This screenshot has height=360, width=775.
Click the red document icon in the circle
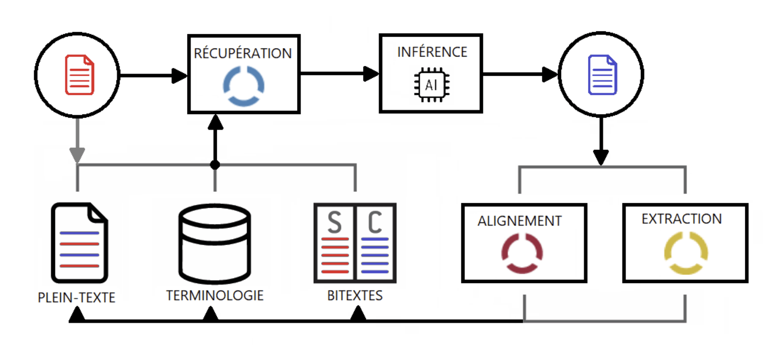(x=79, y=75)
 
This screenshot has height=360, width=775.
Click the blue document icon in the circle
(x=602, y=75)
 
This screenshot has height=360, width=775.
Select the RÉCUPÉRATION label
(x=243, y=53)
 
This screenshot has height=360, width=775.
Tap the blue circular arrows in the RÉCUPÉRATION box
(x=244, y=86)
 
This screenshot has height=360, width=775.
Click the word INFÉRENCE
(x=432, y=52)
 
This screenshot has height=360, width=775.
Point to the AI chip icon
(x=432, y=85)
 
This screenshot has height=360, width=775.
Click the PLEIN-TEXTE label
(x=77, y=298)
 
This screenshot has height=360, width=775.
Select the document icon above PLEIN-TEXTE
(x=79, y=243)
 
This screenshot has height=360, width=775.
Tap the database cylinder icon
(x=215, y=244)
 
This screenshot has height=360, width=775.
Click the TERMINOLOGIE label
(x=215, y=295)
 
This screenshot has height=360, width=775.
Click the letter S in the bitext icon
(x=335, y=222)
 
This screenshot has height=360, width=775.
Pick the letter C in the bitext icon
(x=375, y=222)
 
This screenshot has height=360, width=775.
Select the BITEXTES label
(x=355, y=295)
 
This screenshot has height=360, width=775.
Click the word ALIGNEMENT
(x=520, y=221)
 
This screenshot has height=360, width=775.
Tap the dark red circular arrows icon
(x=522, y=253)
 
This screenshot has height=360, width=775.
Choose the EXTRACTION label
(x=682, y=219)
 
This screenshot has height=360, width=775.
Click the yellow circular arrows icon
(x=686, y=253)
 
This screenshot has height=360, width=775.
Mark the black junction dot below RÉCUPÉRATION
(x=215, y=165)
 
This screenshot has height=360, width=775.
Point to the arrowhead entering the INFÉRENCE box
(x=371, y=74)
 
